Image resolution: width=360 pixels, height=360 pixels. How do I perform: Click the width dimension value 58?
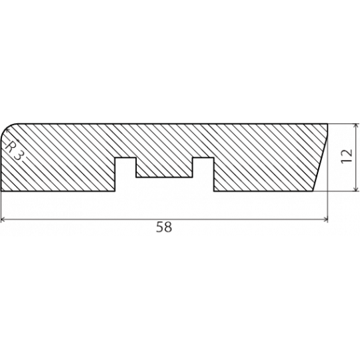pos(164,227)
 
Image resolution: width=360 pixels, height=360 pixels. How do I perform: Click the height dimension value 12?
pos(347,156)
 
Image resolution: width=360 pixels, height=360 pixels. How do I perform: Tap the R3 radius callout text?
pos(13,151)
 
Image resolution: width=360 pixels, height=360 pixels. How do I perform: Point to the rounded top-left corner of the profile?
pos(7,129)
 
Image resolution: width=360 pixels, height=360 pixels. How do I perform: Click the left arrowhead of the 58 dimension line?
pos(3,220)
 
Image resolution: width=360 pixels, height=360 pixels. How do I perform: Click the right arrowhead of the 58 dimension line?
pos(325,220)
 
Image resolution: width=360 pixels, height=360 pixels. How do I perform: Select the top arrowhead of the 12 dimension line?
pos(356,126)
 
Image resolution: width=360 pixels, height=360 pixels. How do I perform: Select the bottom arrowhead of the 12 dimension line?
pos(356,189)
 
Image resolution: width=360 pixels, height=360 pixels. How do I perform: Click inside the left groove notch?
pos(125,175)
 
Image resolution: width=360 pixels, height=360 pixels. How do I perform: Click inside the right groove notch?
pos(203,175)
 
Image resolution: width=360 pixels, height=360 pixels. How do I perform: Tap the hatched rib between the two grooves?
pos(164,167)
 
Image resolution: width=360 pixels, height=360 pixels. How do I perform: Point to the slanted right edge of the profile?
pos(320,157)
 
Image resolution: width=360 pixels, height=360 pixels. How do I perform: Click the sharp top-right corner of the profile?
pos(327,124)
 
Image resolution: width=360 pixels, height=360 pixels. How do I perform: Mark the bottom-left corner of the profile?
pos(1,191)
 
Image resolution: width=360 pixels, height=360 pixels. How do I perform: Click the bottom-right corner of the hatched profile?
pos(313,191)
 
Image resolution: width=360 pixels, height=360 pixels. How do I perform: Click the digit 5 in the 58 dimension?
pos(160,227)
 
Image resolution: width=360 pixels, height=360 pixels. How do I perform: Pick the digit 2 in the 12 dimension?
pos(347,153)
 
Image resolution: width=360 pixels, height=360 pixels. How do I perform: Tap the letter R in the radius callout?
pos(9,147)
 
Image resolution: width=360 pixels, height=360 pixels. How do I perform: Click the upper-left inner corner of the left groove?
pos(115,158)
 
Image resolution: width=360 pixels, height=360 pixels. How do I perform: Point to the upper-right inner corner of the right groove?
pos(214,158)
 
